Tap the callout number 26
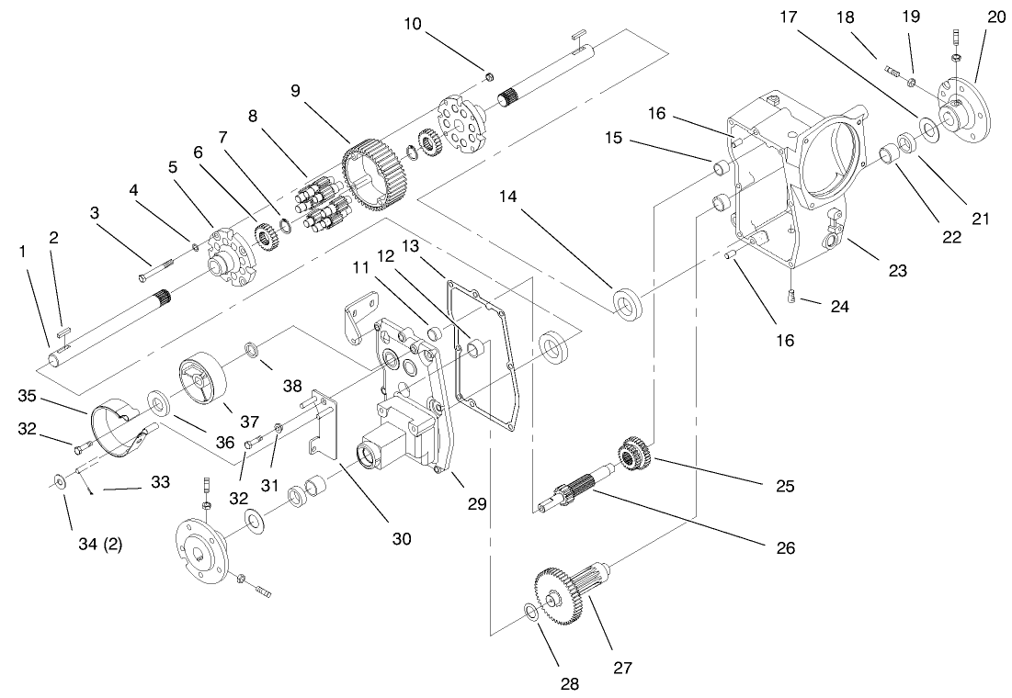(x=783, y=548)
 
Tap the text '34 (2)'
(x=97, y=543)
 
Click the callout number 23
(x=897, y=270)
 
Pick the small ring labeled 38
(x=251, y=349)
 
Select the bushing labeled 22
(x=889, y=153)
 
